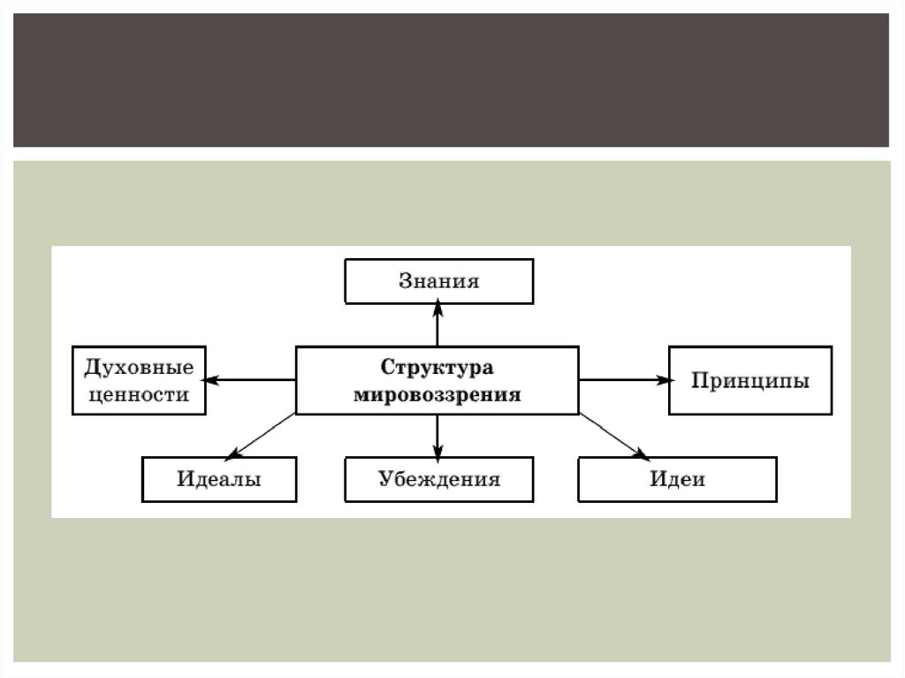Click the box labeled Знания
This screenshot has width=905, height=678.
[x=438, y=281]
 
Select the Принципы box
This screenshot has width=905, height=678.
[x=750, y=381]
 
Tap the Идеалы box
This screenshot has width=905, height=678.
[x=218, y=479]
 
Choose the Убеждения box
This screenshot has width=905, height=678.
[x=438, y=479]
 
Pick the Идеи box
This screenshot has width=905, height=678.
[x=677, y=479]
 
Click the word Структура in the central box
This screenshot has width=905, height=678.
[x=437, y=367]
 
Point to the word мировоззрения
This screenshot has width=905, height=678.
[x=437, y=394]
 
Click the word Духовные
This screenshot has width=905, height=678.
[x=138, y=367]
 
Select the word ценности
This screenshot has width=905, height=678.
[x=138, y=394]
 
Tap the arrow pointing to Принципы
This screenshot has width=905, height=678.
[x=623, y=380]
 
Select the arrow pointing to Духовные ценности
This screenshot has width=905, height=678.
[x=251, y=380]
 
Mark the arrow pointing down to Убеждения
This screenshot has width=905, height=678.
[x=437, y=435]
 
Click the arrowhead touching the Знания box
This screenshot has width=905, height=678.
[x=437, y=309]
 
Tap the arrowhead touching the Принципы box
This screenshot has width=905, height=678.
[x=662, y=380]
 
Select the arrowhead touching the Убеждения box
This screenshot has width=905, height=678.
[x=437, y=451]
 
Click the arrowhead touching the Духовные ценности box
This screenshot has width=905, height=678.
[x=213, y=380]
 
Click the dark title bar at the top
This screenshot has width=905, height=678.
[x=451, y=80]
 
